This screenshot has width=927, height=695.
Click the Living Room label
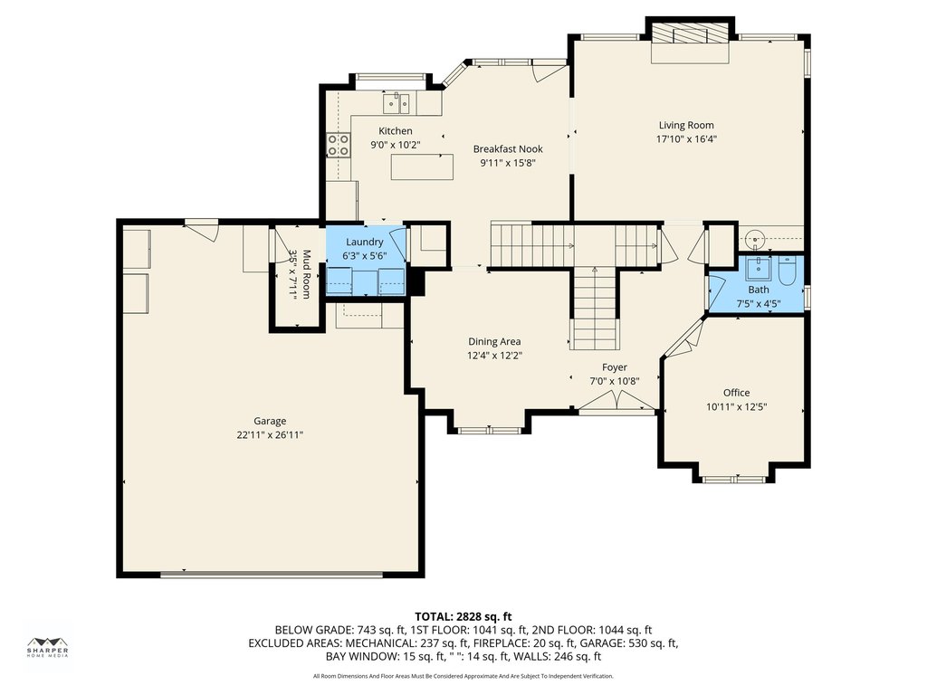[x=686, y=125]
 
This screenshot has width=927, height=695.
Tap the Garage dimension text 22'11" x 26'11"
[x=270, y=435]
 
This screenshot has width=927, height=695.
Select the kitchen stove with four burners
[x=339, y=145]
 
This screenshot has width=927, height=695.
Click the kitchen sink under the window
[x=397, y=103]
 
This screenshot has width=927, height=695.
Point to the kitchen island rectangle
[x=422, y=167]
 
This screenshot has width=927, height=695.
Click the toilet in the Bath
[x=788, y=271]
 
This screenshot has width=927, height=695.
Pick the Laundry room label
[x=365, y=242]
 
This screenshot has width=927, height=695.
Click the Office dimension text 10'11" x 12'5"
[x=737, y=407]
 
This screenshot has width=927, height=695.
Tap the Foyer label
[x=615, y=367]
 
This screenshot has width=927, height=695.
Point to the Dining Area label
[x=495, y=341]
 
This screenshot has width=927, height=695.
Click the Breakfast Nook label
[x=508, y=149]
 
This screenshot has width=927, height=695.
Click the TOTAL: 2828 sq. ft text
[x=463, y=617]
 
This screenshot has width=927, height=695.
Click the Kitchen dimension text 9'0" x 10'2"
[x=396, y=145]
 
